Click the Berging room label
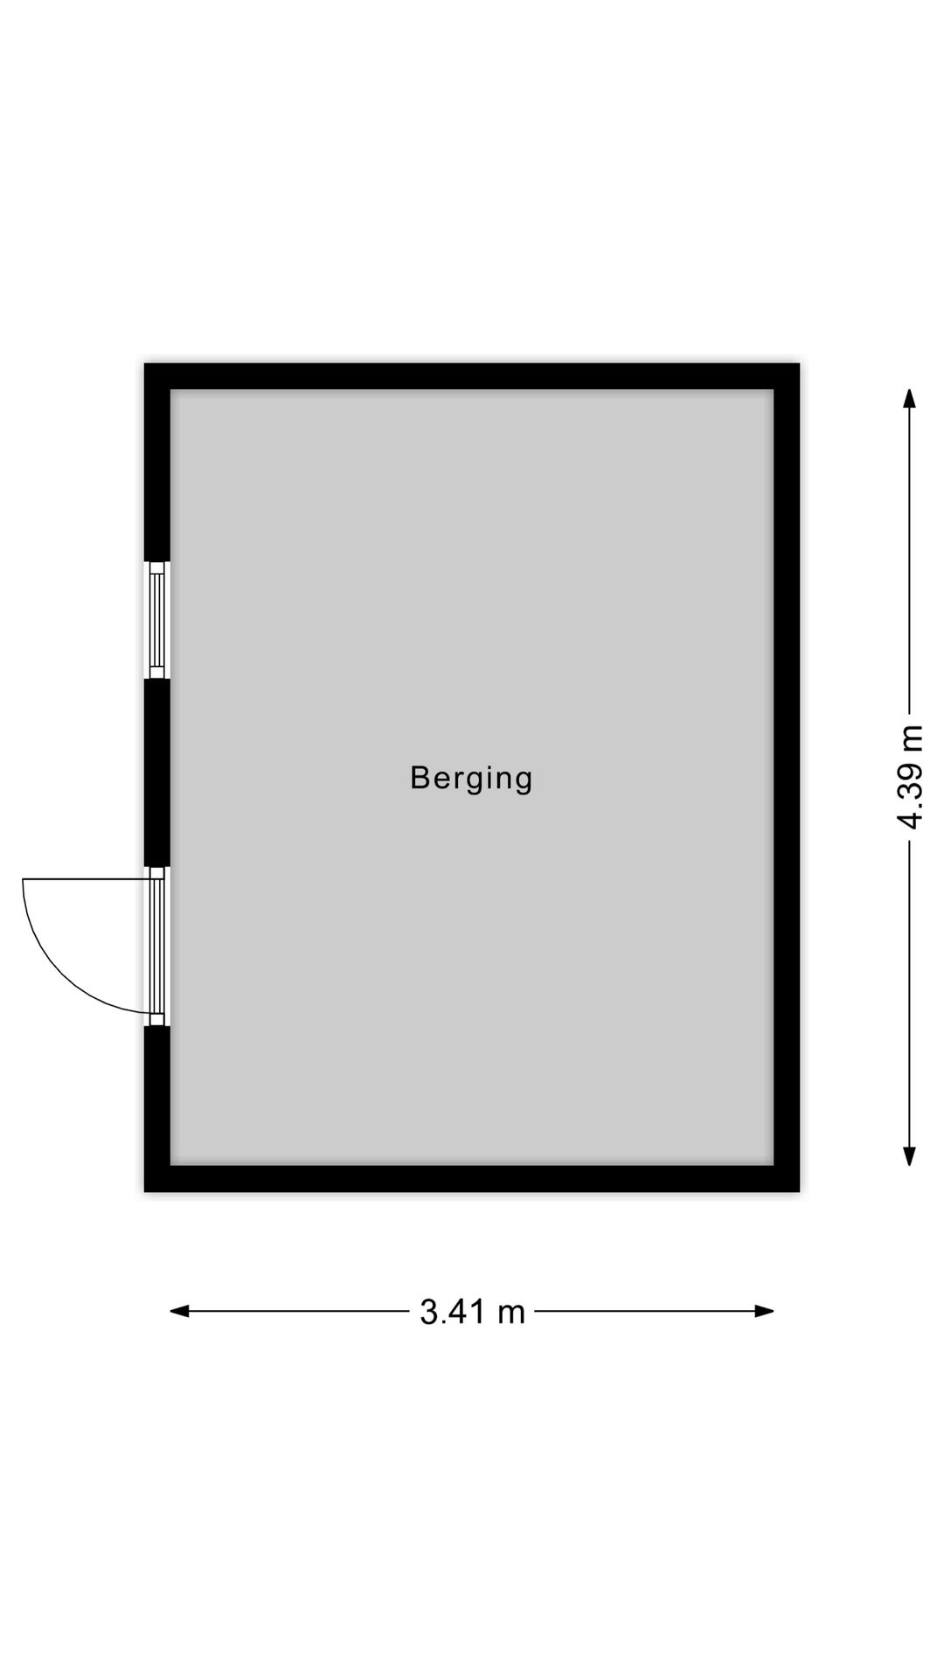pyautogui.click(x=471, y=778)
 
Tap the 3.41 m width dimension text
pyautogui.click(x=472, y=1311)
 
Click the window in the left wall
pyautogui.click(x=157, y=620)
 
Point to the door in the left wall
pyautogui.click(x=157, y=946)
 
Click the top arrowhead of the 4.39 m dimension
pyautogui.click(x=910, y=399)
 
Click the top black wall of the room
pyautogui.click(x=472, y=376)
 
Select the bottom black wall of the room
pyautogui.click(x=472, y=1178)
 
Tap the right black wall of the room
pyautogui.click(x=787, y=778)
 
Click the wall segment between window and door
pyautogui.click(x=157, y=773)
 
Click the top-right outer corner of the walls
pyautogui.click(x=797, y=365)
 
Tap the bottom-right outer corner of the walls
pyautogui.click(x=797, y=1189)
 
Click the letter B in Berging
pyautogui.click(x=420, y=777)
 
